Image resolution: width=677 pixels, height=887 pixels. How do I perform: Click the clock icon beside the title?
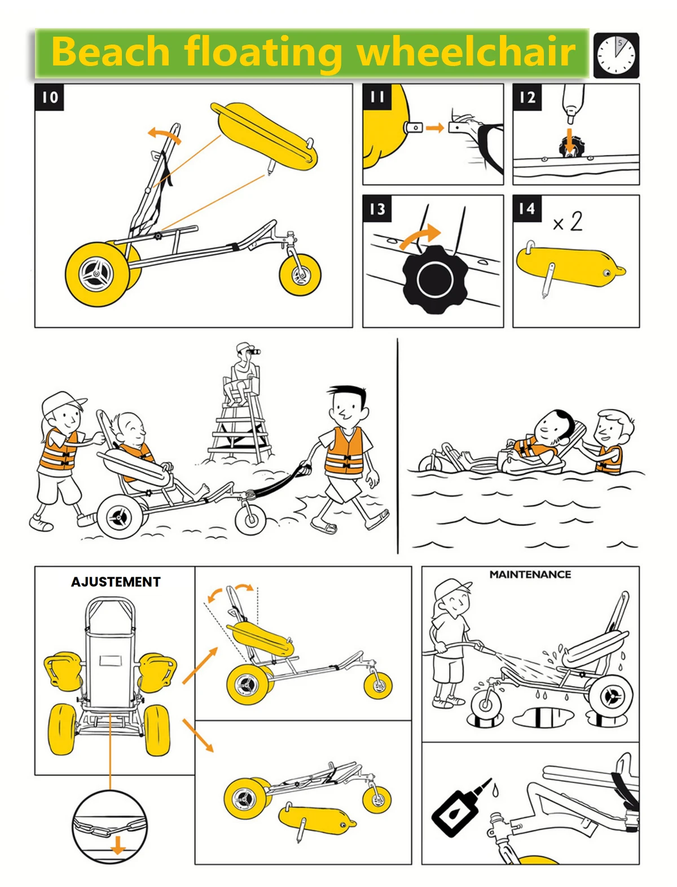[616, 55]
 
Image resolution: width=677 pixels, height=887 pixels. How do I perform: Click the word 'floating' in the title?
[262, 52]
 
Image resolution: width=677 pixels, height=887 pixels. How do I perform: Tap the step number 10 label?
[49, 97]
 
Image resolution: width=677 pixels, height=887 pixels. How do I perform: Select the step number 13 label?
[377, 209]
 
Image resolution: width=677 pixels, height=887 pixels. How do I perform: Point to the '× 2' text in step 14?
[568, 221]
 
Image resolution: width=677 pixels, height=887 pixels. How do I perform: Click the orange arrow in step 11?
[434, 128]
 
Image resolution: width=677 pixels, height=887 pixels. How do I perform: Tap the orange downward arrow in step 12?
[569, 140]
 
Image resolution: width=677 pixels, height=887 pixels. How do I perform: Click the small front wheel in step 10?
[300, 274]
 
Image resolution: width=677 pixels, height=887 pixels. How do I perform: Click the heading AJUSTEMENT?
[116, 582]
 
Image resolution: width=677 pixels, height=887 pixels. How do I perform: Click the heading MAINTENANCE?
[530, 574]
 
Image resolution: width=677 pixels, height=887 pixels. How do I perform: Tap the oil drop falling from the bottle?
[495, 789]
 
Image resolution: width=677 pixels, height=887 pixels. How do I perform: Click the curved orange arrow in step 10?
[164, 134]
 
